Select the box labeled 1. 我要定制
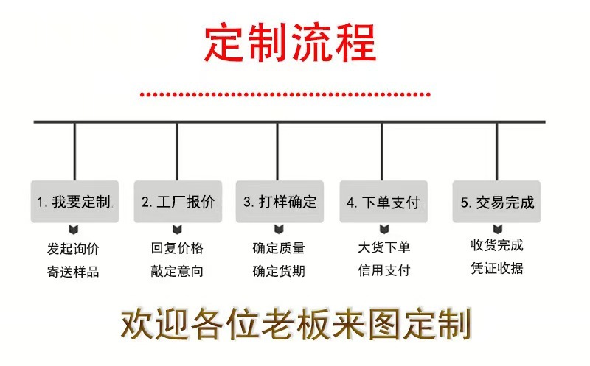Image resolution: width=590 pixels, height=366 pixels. (74, 201)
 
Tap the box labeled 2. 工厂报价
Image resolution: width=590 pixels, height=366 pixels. (178, 201)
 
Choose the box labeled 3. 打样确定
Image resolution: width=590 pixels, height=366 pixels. (280, 201)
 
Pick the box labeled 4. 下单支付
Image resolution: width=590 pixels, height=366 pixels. (383, 201)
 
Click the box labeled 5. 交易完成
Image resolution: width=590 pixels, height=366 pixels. (496, 201)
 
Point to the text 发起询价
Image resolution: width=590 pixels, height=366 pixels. (73, 248)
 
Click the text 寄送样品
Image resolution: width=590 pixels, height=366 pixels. (73, 271)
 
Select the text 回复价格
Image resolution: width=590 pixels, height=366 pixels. (177, 248)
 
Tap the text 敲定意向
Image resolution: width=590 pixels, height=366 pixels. (177, 271)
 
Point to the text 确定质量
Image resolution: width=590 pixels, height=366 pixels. (279, 248)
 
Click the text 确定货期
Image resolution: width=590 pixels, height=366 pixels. (279, 271)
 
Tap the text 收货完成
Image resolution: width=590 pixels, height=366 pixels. (496, 245)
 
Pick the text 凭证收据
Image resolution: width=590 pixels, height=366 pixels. (496, 268)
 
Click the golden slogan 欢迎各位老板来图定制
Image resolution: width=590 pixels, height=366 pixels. (296, 323)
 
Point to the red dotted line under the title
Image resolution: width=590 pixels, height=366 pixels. (285, 94)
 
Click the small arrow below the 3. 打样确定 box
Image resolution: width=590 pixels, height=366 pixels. (279, 228)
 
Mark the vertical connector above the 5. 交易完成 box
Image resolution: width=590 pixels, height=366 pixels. (496, 151)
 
